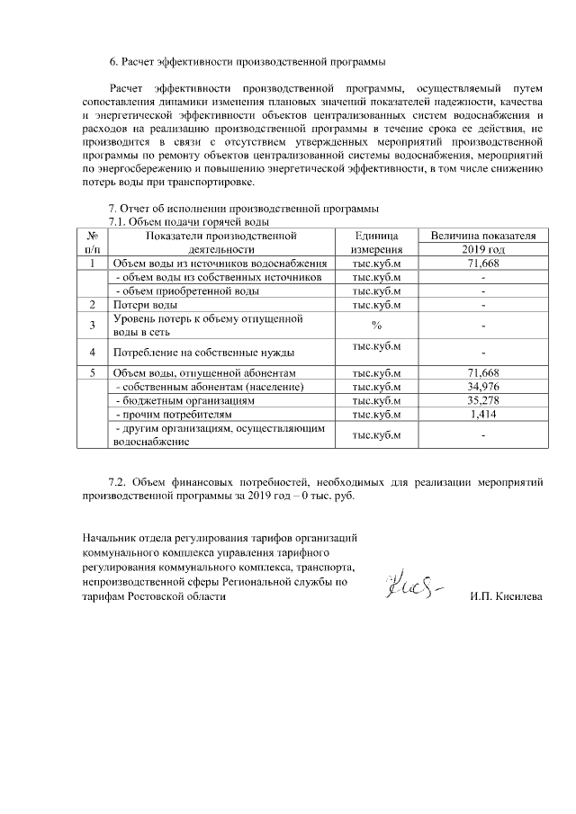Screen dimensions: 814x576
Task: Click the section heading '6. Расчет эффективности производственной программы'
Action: tap(247, 62)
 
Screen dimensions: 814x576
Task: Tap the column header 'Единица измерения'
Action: tap(376, 242)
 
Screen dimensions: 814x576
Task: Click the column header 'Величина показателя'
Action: tap(483, 235)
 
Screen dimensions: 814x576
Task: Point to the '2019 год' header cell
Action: tap(483, 249)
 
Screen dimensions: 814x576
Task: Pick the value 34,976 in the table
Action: tap(483, 386)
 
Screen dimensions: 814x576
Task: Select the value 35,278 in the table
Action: tap(483, 399)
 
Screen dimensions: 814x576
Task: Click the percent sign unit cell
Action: tap(376, 325)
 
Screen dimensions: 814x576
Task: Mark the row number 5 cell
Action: tap(93, 372)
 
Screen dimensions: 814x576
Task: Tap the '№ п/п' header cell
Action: tap(93, 242)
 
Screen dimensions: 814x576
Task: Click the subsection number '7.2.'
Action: tap(120, 482)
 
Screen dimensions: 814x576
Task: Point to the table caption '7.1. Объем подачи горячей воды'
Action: tap(189, 221)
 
